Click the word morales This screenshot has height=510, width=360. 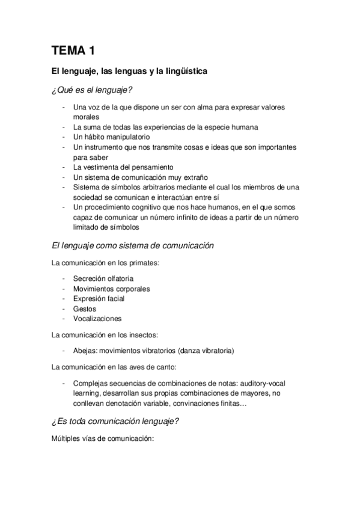85,117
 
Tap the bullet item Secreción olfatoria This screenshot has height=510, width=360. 103,278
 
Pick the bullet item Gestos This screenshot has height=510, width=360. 85,309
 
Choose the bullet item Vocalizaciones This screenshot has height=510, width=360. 97,318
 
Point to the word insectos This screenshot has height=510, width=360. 138,334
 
